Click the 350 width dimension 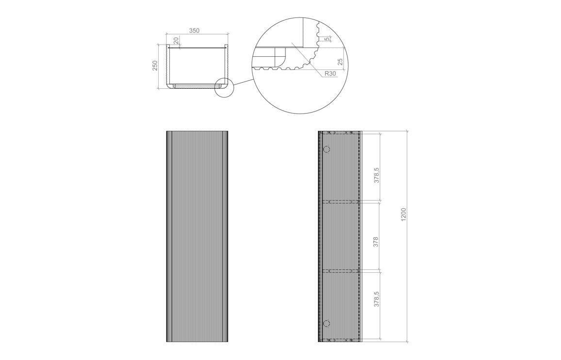click(x=194, y=31)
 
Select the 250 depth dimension click(x=155, y=65)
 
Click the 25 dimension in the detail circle click(x=340, y=62)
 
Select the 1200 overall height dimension click(x=403, y=214)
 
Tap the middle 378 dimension click(x=376, y=242)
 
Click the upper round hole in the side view click(x=326, y=149)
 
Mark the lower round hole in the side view click(x=326, y=323)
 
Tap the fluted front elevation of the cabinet click(x=197, y=236)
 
